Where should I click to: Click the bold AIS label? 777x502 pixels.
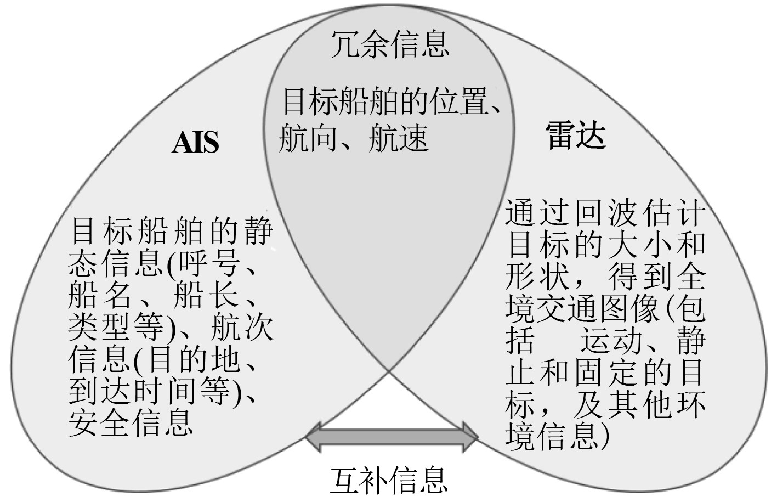(195, 142)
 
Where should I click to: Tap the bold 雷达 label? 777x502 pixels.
(576, 135)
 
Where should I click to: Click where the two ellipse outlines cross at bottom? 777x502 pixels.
(389, 373)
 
